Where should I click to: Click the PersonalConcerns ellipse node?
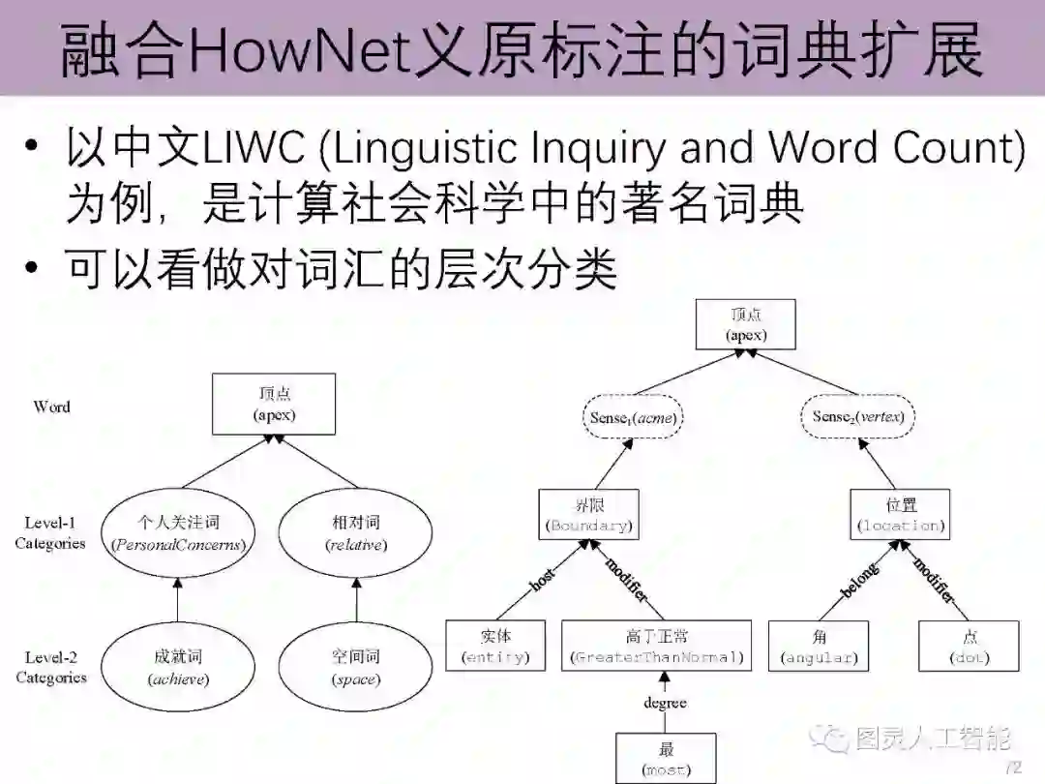[178, 532]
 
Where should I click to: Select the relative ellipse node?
[356, 532]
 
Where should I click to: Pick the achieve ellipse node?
[178, 667]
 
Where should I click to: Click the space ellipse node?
[356, 667]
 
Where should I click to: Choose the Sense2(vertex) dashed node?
[857, 418]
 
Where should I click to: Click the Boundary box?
[588, 515]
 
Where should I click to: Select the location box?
[900, 515]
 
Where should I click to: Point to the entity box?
[496, 647]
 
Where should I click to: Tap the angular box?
[819, 647]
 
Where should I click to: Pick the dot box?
[970, 647]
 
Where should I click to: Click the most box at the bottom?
[666, 759]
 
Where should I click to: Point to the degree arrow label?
[665, 703]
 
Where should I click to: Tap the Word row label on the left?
[51, 407]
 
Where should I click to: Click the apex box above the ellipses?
[274, 404]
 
